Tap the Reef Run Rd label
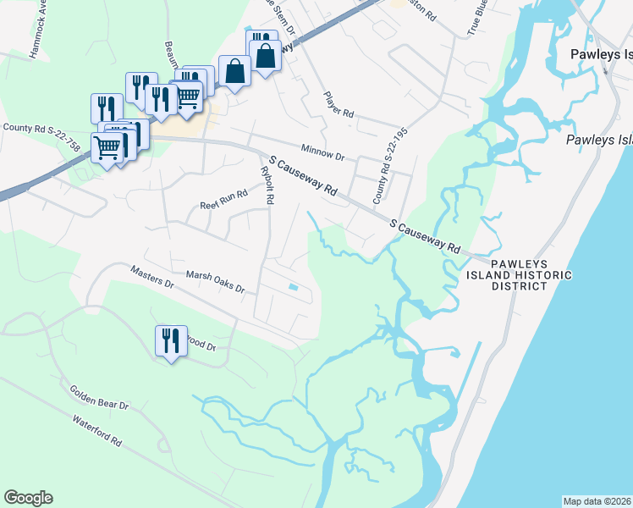coord(223,199)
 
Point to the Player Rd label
coord(338,103)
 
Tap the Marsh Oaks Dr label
coord(215,282)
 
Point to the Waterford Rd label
coord(97,431)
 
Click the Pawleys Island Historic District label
coord(520,275)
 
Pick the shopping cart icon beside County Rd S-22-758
coord(107,148)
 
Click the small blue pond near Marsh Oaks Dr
coord(293,287)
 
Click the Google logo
coord(28,498)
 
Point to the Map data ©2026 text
coord(597,501)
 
